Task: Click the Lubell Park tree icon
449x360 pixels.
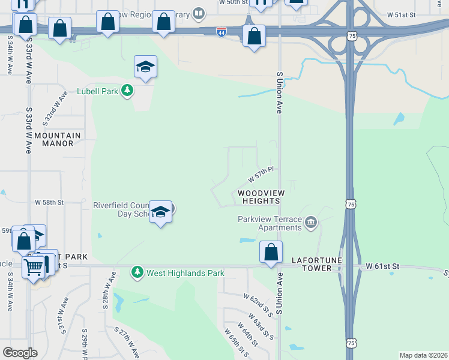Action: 127,91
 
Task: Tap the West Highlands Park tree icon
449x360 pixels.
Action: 137,272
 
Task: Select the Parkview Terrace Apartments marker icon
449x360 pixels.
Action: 310,223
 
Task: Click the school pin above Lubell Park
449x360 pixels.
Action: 145,67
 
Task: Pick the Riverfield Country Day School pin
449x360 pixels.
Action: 160,212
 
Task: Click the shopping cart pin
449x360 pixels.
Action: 34,266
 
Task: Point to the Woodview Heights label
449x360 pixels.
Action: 260,197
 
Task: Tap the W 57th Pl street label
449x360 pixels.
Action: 261,175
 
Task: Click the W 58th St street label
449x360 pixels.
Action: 49,203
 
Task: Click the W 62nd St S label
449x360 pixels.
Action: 258,304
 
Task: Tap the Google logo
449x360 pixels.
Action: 20,352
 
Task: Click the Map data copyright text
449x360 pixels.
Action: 424,355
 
